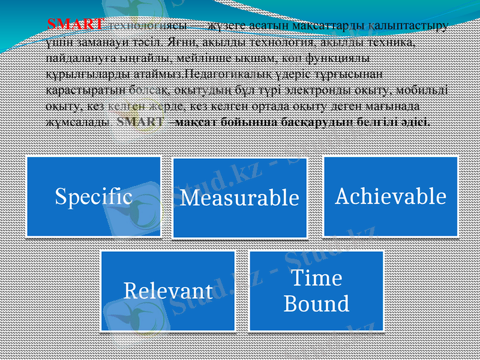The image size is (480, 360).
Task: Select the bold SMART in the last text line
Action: [x=141, y=121]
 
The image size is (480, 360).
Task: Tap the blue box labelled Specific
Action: [x=94, y=196]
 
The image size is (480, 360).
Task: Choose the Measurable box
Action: [x=240, y=197]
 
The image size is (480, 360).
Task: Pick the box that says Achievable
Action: [x=391, y=196]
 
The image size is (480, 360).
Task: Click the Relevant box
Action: [x=168, y=290]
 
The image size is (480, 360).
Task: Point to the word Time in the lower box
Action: [x=316, y=278]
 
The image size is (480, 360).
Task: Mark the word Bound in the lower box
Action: [x=316, y=304]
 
